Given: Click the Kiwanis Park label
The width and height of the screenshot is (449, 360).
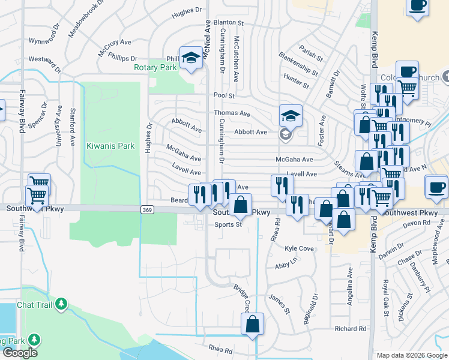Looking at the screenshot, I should [110, 146].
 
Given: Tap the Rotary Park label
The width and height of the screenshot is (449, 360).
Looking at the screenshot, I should [155, 68].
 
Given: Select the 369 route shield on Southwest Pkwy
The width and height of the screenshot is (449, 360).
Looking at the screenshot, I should [147, 209].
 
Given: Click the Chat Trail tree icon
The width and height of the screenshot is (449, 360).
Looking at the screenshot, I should [61, 304].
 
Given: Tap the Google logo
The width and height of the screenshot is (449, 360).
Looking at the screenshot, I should [20, 353].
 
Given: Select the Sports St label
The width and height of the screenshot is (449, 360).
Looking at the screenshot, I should [228, 225].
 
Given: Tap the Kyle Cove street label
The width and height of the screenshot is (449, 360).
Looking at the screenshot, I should [300, 248].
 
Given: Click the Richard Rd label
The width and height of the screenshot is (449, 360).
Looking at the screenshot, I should [351, 329].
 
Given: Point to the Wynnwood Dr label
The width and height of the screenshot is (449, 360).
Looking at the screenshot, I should [46, 41].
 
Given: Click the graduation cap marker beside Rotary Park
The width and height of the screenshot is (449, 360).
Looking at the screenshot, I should [191, 58].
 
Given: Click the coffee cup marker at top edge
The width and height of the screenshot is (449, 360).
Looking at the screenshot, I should [417, 5].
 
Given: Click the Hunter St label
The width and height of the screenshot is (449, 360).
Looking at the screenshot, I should [296, 82].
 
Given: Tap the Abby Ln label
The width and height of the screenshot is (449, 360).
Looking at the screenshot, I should [286, 265].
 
